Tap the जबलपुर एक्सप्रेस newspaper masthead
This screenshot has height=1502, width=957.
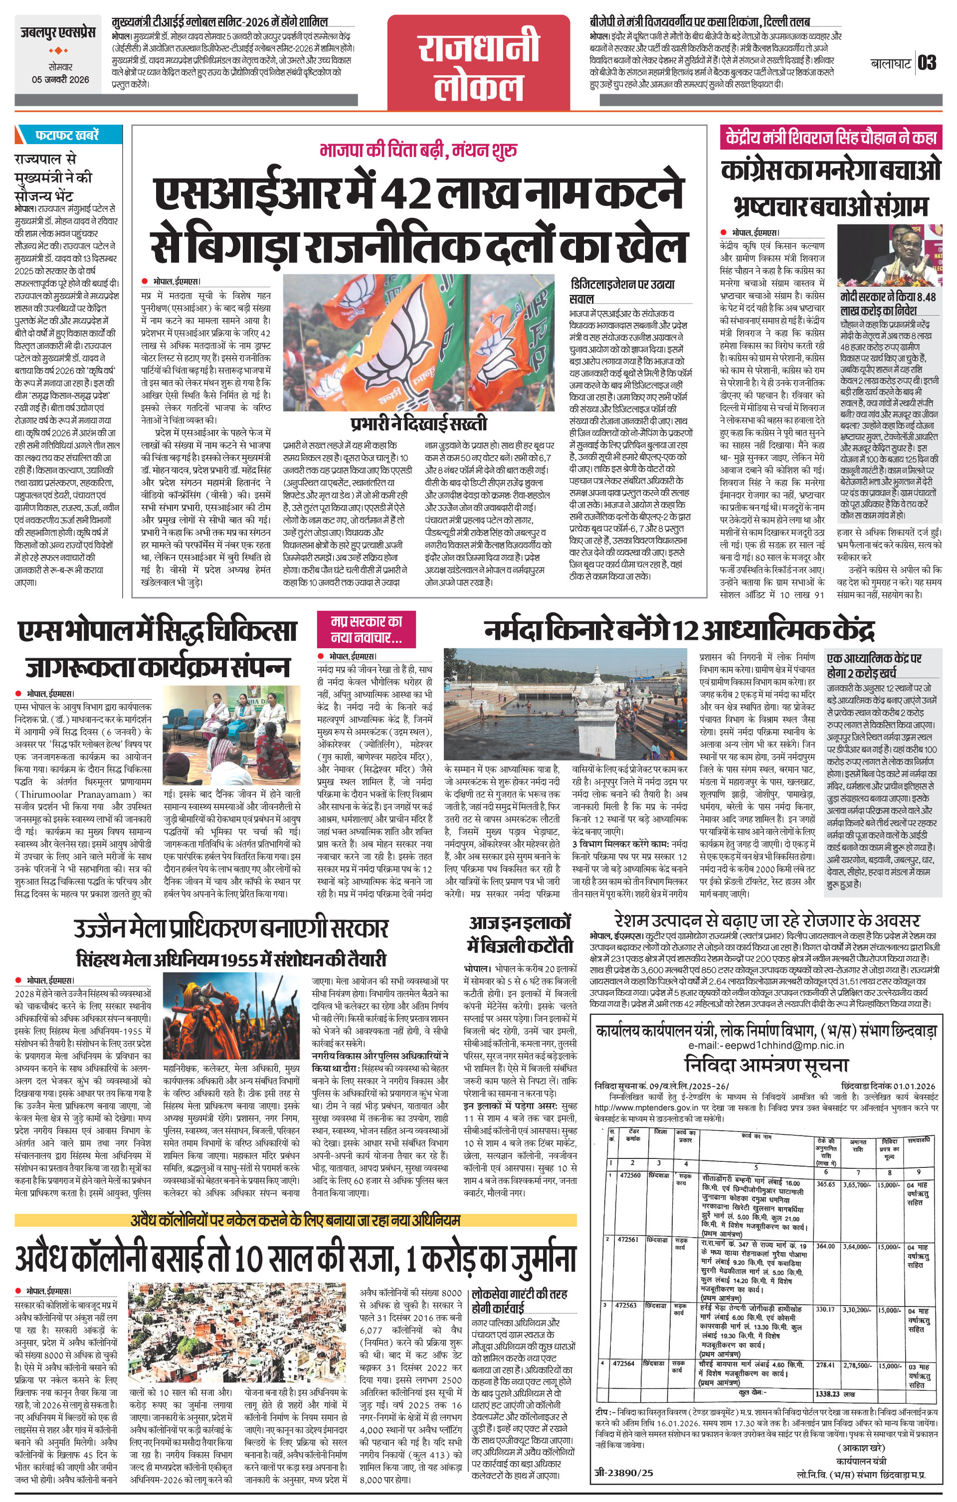tap(56, 33)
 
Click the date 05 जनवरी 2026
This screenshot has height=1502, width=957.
tap(60, 79)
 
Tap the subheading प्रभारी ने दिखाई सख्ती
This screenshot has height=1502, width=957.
tap(418, 425)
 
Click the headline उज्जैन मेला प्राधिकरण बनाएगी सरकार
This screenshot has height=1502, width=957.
tap(231, 928)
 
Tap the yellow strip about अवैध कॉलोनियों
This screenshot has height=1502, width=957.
tap(296, 1219)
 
